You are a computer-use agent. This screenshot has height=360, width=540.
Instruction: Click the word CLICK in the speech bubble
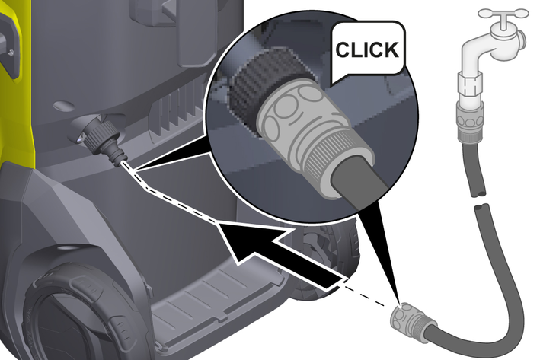[367, 50]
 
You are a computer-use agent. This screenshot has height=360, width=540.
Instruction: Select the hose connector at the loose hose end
[410, 318]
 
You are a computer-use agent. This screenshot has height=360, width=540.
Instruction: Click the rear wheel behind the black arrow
[324, 262]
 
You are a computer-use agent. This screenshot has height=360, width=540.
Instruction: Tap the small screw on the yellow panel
[11, 52]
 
